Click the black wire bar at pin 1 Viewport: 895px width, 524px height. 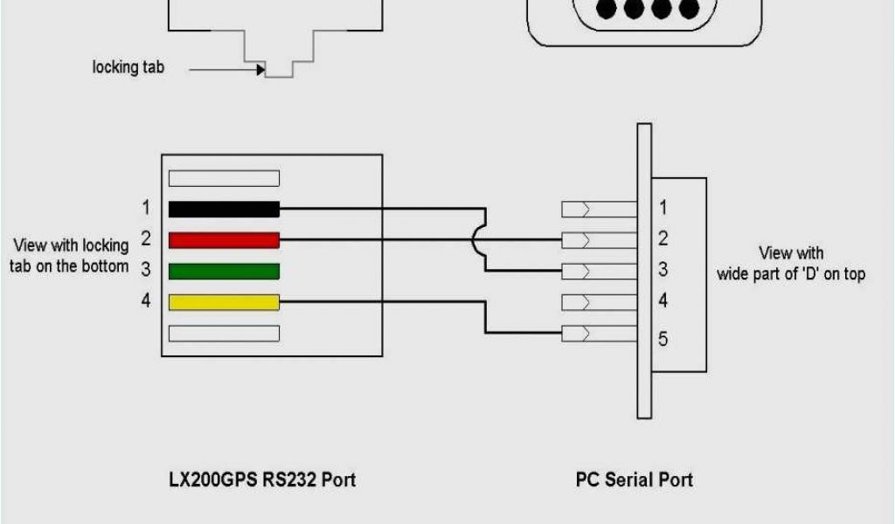tap(224, 209)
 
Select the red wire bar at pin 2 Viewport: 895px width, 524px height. tap(224, 240)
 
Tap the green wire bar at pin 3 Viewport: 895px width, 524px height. tap(224, 272)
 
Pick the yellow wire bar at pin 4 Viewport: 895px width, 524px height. tap(224, 302)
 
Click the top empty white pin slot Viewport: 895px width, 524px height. tap(224, 178)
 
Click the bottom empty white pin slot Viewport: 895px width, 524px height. tap(224, 334)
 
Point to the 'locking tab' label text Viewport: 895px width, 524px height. tap(128, 66)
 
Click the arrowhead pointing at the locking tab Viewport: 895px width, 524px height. tap(260, 69)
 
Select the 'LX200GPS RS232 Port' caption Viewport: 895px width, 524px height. tap(262, 479)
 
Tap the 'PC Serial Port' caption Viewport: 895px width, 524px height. tap(634, 479)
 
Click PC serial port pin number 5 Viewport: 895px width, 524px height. tap(663, 338)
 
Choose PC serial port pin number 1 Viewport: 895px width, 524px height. tap(663, 208)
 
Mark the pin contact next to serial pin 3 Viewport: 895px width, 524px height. tap(599, 270)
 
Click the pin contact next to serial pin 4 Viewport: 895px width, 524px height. tap(599, 302)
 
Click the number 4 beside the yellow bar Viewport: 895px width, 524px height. tap(146, 301)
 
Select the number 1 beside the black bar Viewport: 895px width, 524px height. tap(146, 208)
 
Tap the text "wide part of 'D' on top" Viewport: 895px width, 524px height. tap(791, 274)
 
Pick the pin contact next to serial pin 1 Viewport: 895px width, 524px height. tap(599, 209)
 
